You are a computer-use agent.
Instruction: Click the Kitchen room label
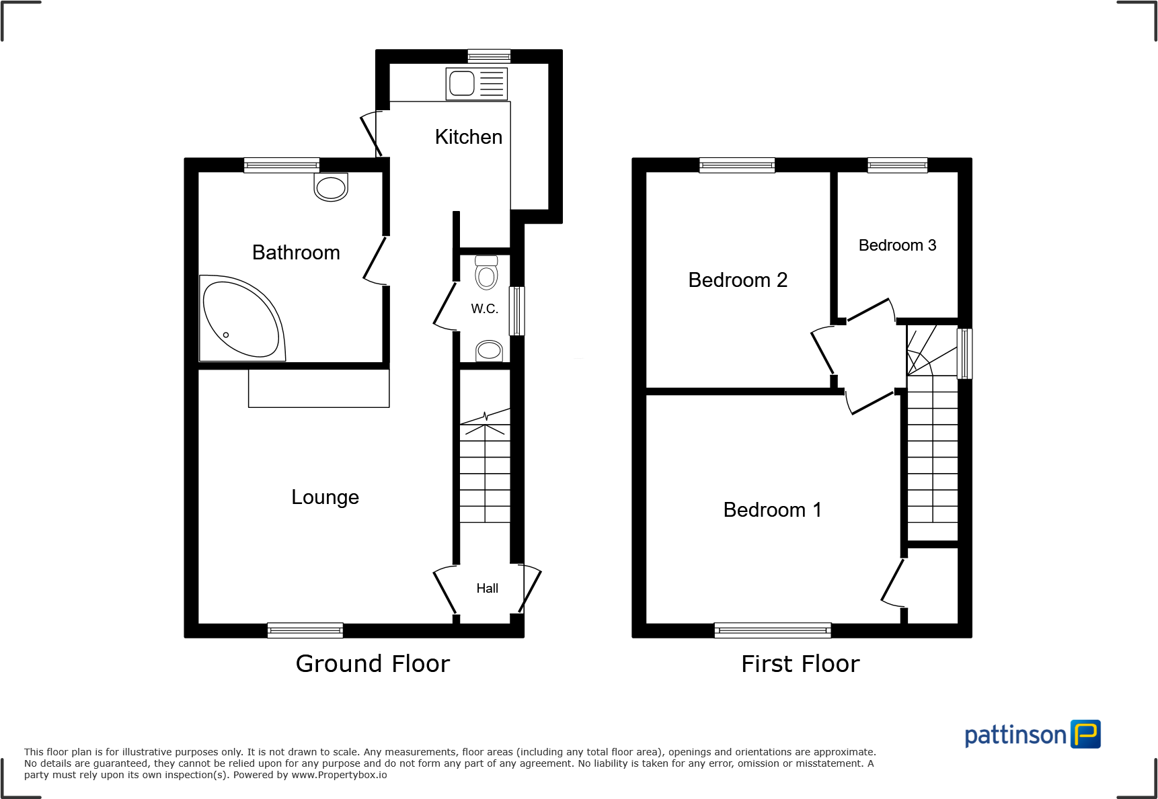[x=468, y=137]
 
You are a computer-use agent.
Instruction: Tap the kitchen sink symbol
[x=476, y=84]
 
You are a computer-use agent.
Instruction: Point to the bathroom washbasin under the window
[x=331, y=187]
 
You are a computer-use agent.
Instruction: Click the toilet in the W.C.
[x=486, y=273]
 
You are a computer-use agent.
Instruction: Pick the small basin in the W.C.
[x=489, y=350]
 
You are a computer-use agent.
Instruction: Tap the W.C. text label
[x=484, y=308]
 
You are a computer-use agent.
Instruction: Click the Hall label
[x=487, y=589]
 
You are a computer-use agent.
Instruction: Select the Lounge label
[x=325, y=497]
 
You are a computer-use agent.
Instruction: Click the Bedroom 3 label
[x=897, y=245]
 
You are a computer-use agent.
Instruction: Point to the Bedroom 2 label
[x=738, y=280]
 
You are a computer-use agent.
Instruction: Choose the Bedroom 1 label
[x=772, y=510]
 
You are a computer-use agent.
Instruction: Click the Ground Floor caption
[x=373, y=664]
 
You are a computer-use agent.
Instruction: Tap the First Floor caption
[x=800, y=664]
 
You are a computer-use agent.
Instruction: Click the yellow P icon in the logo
[x=1085, y=734]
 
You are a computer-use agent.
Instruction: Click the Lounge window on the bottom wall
[x=305, y=630]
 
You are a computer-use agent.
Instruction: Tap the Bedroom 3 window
[x=897, y=165]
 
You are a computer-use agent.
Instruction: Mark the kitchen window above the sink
[x=489, y=56]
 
